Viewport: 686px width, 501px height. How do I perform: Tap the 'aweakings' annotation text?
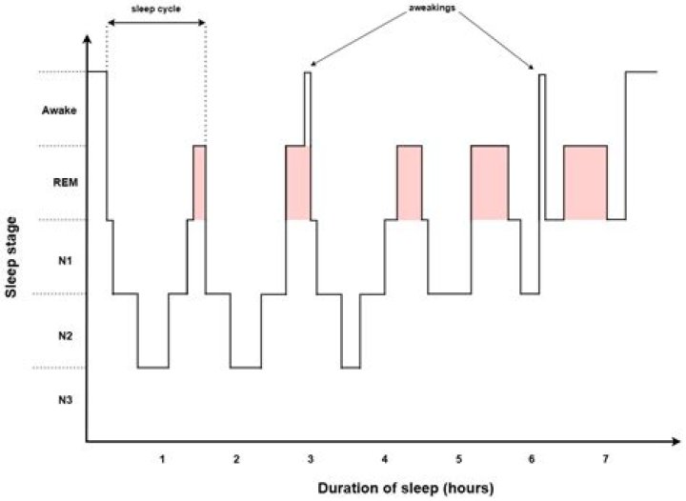(x=425, y=8)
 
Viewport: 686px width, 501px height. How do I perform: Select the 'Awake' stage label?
(x=59, y=111)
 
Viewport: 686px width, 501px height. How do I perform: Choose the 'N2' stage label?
(x=59, y=334)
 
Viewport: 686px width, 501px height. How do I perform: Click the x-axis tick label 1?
(x=163, y=459)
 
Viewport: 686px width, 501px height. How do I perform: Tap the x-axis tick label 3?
(x=311, y=459)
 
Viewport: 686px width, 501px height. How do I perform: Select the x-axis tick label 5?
(x=458, y=459)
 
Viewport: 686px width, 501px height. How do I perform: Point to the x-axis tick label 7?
(x=606, y=459)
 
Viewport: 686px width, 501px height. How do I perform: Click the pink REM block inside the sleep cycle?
(x=199, y=183)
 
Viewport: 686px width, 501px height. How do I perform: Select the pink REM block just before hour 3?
(x=298, y=183)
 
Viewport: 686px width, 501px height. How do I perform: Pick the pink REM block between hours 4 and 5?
(x=410, y=183)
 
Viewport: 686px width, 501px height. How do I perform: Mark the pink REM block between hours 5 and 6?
(x=490, y=183)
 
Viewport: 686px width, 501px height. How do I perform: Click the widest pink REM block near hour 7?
(x=585, y=183)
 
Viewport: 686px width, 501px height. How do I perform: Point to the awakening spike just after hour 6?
(x=541, y=143)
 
